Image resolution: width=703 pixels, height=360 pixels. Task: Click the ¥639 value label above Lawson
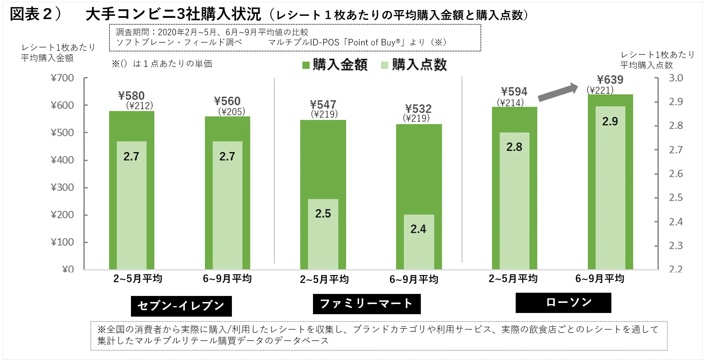coord(610,79)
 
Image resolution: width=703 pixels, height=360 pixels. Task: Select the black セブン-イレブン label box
coord(181,306)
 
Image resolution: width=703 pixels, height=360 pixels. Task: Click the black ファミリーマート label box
coord(367,304)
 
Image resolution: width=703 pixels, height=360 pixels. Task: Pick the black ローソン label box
coord(563,302)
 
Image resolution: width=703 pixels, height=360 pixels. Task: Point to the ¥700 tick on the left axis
coord(62,78)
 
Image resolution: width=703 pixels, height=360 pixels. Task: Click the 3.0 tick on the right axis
coord(676,78)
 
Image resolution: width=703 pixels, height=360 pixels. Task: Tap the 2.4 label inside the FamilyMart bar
coord(418,229)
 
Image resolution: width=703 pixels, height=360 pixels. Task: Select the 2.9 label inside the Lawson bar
coord(610,121)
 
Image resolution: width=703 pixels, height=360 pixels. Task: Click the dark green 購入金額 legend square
coord(306,65)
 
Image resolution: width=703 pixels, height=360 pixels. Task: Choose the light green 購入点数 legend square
coord(385,65)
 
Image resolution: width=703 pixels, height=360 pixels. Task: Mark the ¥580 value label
coord(131,96)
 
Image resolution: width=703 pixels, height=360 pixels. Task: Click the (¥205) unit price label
coord(231,111)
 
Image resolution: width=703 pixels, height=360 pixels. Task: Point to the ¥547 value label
coord(323,105)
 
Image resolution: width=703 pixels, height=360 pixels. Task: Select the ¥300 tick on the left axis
coord(62,187)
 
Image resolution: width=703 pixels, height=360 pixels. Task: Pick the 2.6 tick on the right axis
coord(676,174)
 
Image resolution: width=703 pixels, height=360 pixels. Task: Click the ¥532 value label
coord(418,109)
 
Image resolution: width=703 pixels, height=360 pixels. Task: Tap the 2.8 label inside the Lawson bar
coord(514,147)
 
